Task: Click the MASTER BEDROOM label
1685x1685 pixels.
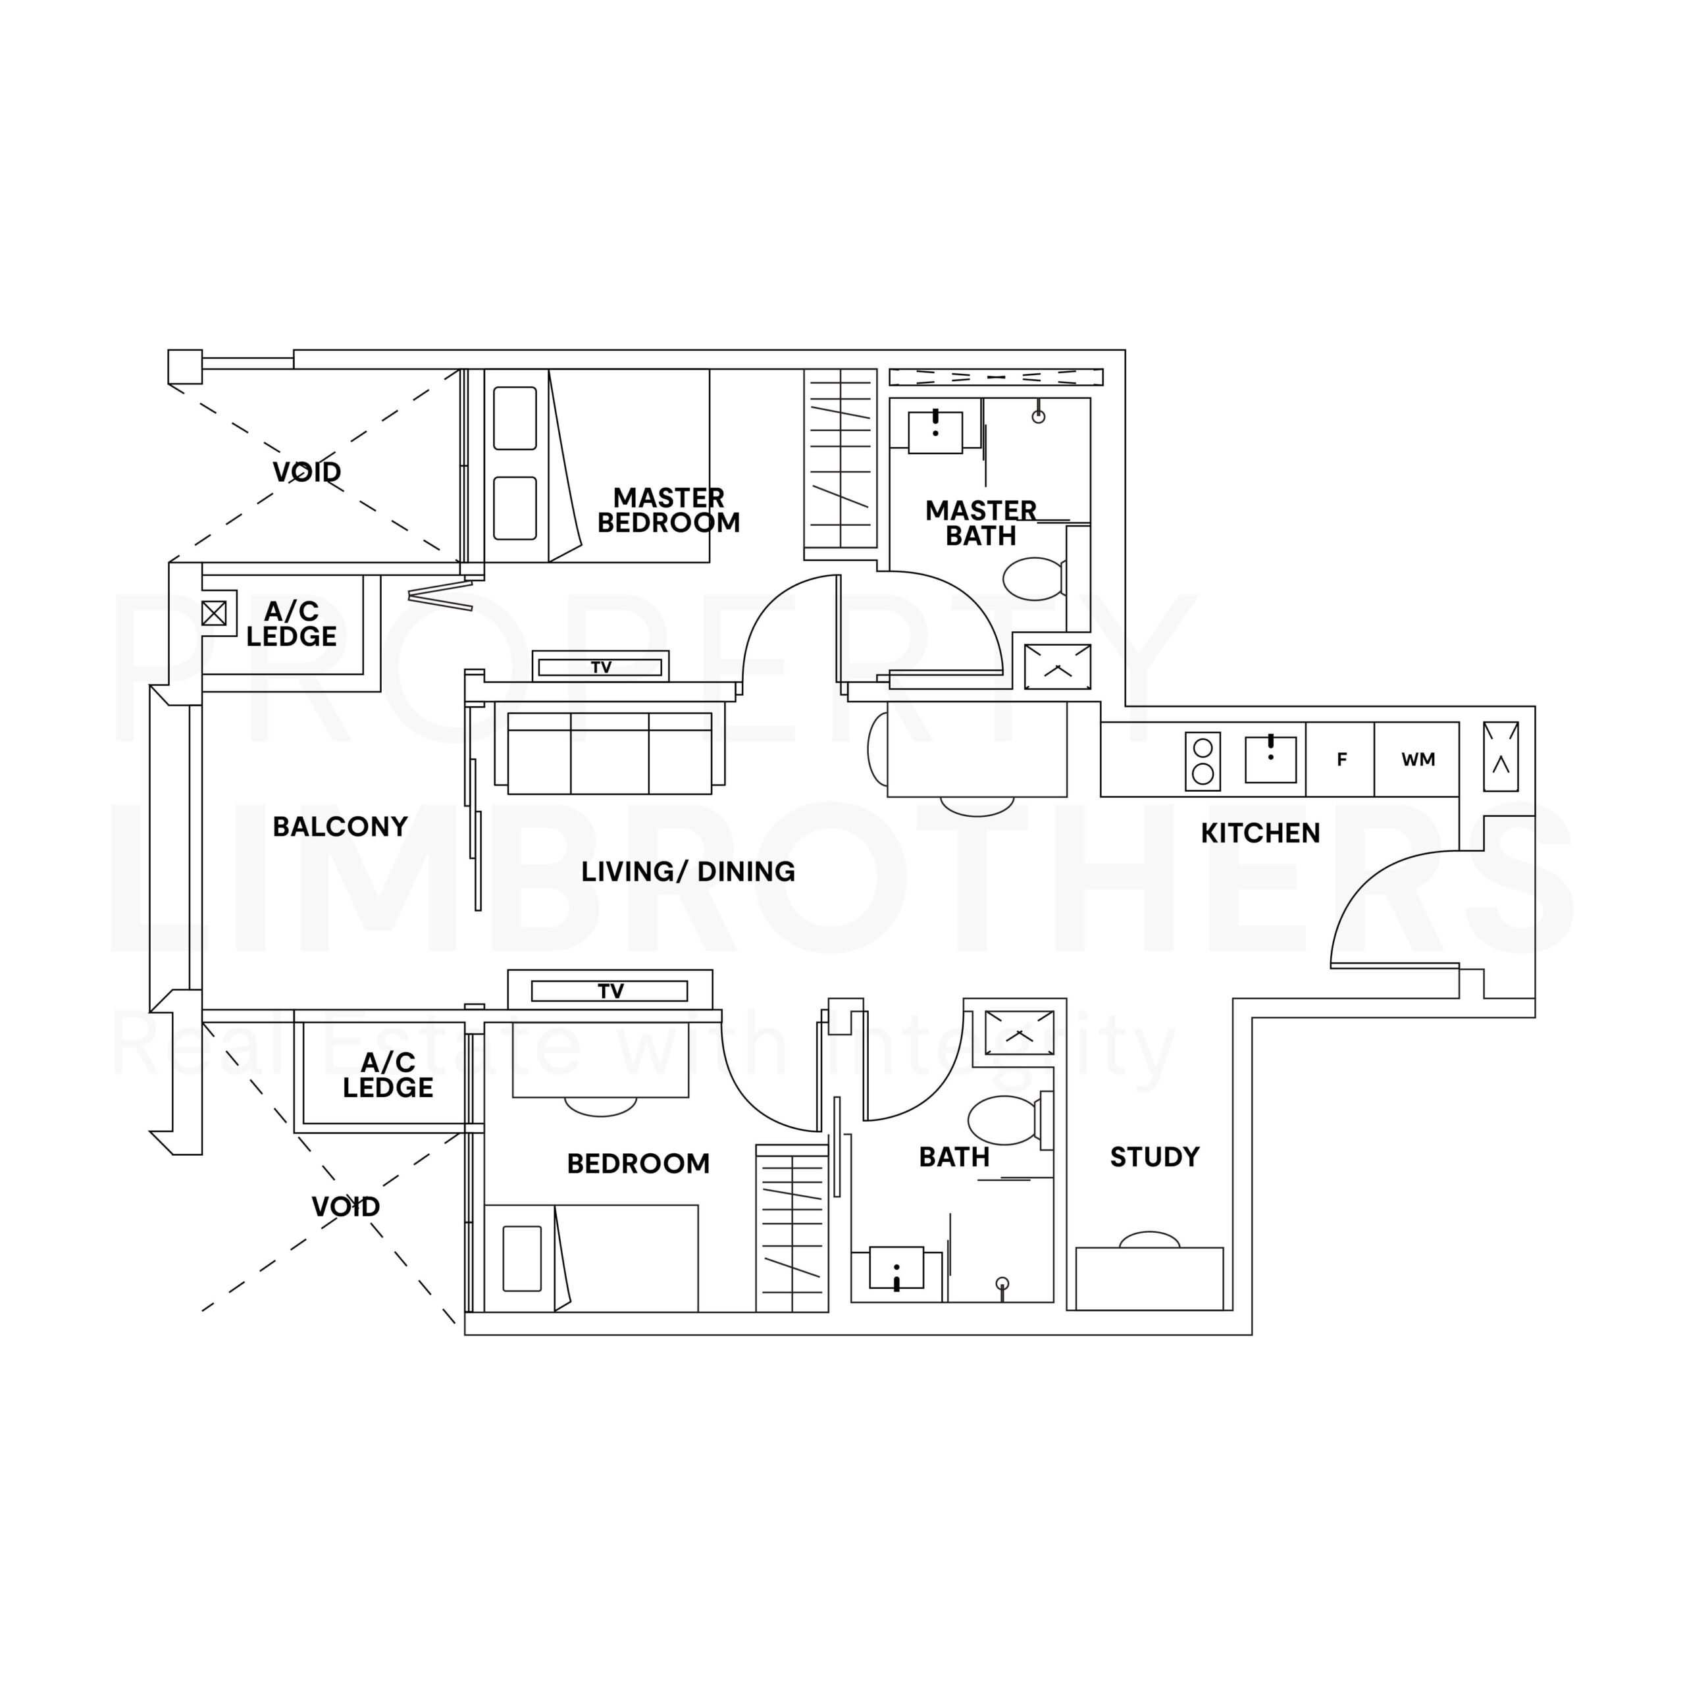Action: point(668,510)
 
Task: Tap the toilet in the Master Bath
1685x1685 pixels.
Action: point(1035,579)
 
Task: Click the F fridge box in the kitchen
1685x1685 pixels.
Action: point(1341,760)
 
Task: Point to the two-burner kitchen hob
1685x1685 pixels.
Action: point(1203,762)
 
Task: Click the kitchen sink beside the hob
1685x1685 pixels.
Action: point(1271,760)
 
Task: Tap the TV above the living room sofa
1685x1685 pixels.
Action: point(600,667)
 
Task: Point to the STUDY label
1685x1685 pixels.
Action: point(1154,1156)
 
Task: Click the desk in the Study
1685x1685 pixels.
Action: point(1149,1279)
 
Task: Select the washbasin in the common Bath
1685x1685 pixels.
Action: point(896,1267)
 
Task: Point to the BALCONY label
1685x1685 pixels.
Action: point(340,826)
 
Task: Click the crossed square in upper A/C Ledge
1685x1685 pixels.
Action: point(214,613)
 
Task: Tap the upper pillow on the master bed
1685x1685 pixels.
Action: point(515,419)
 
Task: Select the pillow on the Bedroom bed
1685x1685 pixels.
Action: point(523,1258)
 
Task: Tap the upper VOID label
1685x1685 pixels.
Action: point(307,472)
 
